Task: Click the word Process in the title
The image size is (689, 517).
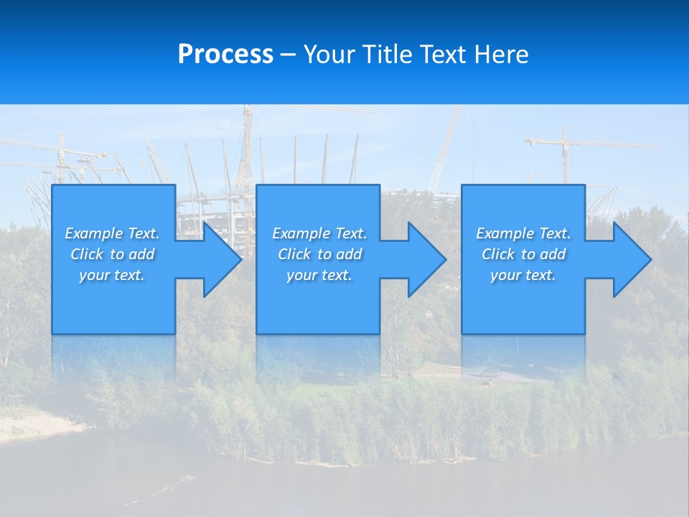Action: point(225,55)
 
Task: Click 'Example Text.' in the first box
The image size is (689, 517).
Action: point(113,233)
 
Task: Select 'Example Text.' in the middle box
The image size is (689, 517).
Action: point(319,233)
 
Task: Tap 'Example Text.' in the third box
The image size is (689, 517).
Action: point(523,233)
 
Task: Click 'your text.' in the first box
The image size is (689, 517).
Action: point(112,275)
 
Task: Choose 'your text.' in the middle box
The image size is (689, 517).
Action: point(319,275)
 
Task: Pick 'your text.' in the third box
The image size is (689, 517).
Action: point(523,275)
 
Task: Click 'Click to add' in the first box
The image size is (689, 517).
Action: point(113,254)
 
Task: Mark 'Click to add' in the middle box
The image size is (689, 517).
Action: point(319,254)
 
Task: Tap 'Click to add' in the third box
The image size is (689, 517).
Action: point(523,254)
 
